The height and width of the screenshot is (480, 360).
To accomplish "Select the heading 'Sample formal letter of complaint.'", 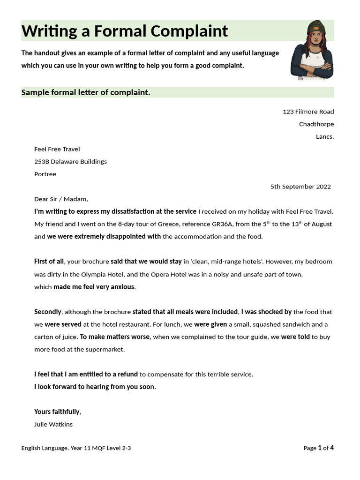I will [x=86, y=92].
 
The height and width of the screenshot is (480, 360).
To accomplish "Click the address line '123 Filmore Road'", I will [x=308, y=112].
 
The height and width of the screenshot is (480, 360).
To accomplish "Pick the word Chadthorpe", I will [x=316, y=124].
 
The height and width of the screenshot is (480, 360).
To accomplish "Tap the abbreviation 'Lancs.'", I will [x=325, y=137].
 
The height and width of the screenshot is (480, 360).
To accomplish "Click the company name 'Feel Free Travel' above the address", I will [x=57, y=149].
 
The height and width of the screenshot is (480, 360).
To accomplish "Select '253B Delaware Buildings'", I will [x=70, y=162].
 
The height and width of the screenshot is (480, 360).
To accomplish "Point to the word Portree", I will [x=45, y=174].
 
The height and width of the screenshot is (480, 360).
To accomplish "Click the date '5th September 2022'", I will [x=300, y=187].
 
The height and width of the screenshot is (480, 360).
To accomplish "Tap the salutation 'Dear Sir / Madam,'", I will [x=61, y=199].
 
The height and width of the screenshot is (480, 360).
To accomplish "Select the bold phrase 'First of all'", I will [x=49, y=262].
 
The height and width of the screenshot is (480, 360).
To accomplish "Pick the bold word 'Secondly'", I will [x=48, y=312].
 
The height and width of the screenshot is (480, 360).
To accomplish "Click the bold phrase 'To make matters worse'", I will [x=114, y=337].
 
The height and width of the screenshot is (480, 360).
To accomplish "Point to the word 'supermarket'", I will [x=107, y=349].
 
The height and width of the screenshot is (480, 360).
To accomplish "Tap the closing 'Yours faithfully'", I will [x=57, y=412].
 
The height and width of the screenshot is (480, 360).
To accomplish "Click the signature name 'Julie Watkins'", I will [x=53, y=424].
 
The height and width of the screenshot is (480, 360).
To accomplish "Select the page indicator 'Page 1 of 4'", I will [x=318, y=448].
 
